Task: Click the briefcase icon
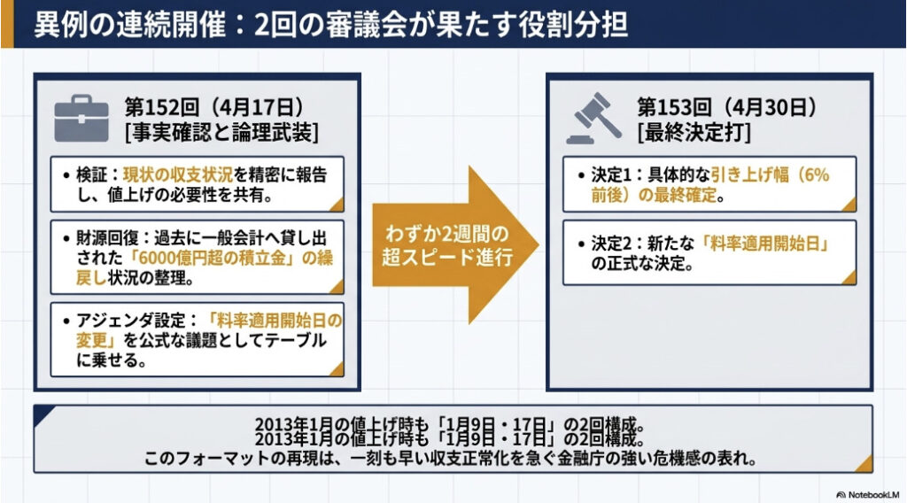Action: (x=81, y=119)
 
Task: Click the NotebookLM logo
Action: (x=868, y=495)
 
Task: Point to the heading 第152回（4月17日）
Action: (x=214, y=107)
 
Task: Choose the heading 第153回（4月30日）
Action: (x=727, y=107)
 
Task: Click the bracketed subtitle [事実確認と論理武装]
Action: (x=221, y=133)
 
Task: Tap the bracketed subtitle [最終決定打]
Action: (x=694, y=133)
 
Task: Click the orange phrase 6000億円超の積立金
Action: (x=212, y=258)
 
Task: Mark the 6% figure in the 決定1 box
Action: (x=816, y=174)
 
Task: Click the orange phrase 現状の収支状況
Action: (x=177, y=174)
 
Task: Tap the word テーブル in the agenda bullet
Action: (x=296, y=340)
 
